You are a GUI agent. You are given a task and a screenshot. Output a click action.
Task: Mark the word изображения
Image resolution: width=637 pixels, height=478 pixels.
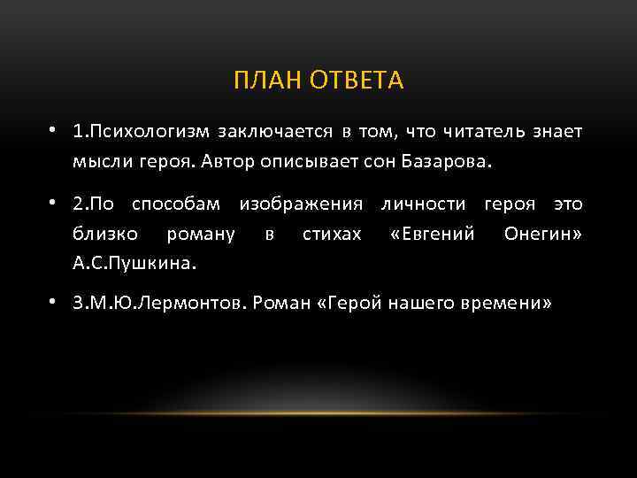coord(301,204)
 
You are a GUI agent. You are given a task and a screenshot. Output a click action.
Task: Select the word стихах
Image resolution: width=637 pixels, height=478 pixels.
coord(332,234)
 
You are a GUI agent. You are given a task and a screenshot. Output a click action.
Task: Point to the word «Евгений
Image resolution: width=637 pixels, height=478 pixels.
coord(433,234)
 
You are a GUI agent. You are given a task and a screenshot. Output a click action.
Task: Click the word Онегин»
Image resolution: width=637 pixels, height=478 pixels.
coord(542,234)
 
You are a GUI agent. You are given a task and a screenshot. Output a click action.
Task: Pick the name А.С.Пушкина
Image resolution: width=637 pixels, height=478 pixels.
coord(135,263)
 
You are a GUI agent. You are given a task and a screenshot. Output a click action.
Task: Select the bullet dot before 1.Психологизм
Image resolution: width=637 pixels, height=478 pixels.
coord(55,131)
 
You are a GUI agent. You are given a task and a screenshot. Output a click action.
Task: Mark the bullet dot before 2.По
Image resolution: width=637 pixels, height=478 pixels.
coord(55,204)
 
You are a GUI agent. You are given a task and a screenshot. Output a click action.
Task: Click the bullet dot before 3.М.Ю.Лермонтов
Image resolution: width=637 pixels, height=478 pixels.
coord(55,302)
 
